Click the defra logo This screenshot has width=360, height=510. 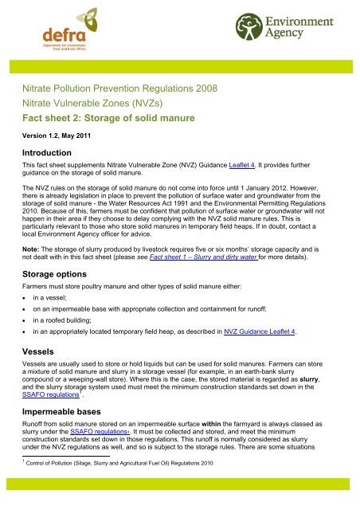[60, 41]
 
